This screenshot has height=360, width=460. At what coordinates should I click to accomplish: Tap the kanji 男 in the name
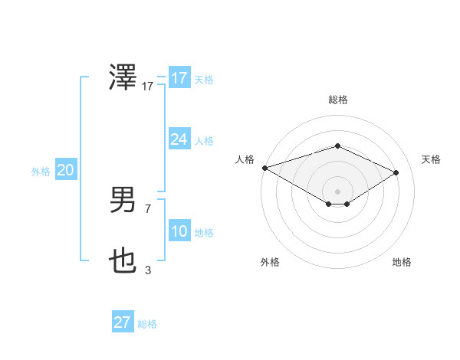coord(123,200)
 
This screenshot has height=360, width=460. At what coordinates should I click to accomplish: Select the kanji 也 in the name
coord(123,262)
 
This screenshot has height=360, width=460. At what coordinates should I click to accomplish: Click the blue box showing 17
coord(179,78)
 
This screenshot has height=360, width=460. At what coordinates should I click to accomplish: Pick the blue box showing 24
coord(179,139)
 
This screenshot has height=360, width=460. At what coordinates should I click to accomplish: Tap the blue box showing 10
coord(179,231)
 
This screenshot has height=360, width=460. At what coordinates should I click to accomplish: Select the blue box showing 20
coord(65,170)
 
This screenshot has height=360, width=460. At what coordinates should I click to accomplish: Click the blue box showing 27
coord(122,322)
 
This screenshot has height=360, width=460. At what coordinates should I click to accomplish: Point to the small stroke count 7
coord(148,208)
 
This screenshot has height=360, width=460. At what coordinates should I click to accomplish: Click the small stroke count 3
coord(148,270)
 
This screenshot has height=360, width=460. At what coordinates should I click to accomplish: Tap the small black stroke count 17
coord(148,87)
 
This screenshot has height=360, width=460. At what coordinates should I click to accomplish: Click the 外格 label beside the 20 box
coord(41,172)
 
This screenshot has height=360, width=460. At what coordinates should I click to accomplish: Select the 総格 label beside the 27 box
coord(147,324)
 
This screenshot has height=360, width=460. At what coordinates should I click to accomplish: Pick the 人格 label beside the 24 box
coord(204,141)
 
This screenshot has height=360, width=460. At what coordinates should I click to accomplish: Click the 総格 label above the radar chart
coord(337,100)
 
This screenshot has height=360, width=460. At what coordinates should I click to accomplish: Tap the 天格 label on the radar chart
coord(432,159)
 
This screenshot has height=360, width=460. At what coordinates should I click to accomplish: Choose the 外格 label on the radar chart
coord(270,263)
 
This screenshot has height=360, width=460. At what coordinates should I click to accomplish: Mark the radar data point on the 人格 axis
coord(264,168)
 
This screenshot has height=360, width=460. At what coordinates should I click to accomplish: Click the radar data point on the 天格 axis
coord(396,172)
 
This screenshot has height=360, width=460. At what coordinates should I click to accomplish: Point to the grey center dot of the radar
coord(337,190)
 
